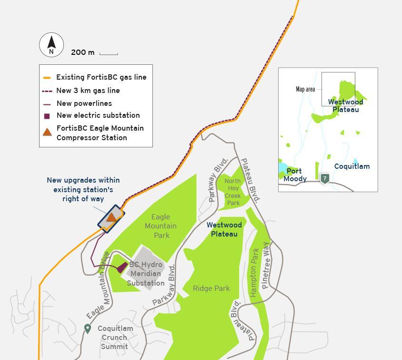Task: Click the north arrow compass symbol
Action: (x=51, y=45)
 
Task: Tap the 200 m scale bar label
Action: (x=82, y=52)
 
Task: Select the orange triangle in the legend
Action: (x=47, y=132)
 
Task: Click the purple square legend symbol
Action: (x=47, y=116)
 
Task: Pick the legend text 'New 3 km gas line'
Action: (x=88, y=91)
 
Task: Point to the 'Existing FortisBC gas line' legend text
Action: (x=101, y=77)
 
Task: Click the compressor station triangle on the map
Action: (x=111, y=217)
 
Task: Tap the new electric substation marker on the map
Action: (x=122, y=267)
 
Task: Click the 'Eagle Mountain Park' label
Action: (x=161, y=226)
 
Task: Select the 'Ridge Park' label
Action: (x=211, y=288)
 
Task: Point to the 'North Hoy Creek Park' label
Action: (x=232, y=192)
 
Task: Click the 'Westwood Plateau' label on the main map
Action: (x=224, y=229)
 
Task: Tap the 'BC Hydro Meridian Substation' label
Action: (x=146, y=274)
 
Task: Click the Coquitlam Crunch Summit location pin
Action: (x=88, y=329)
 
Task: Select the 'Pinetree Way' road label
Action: (x=265, y=266)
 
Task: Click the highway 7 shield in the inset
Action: (x=324, y=178)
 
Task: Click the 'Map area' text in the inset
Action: (x=305, y=89)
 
